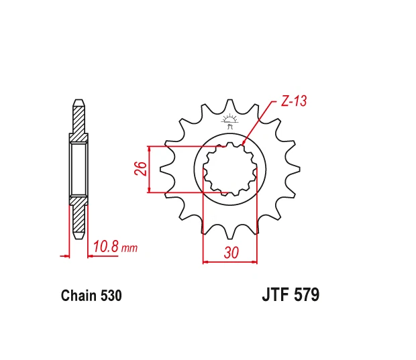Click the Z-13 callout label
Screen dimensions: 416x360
pos(294,101)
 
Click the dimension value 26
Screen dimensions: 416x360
pos(141,168)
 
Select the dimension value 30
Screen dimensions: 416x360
pos(231,253)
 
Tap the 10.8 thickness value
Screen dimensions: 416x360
pos(105,246)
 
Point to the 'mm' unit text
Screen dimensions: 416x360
pos(129,249)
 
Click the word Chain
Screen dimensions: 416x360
pos(79,296)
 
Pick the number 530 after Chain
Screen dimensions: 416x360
pos(111,296)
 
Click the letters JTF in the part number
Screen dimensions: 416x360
pos(275,294)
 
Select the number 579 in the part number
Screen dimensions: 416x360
pos(307,294)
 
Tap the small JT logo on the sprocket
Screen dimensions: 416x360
pos(229,121)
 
